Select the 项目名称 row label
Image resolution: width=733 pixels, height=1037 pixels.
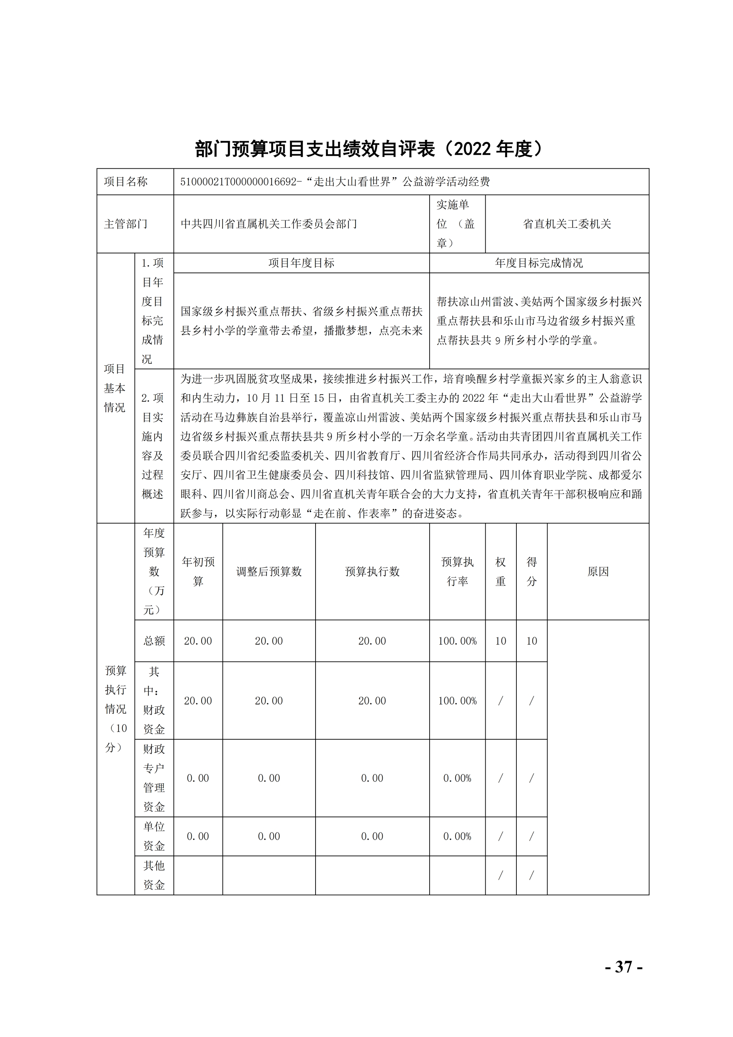126,182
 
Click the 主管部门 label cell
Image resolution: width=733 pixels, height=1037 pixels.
126,224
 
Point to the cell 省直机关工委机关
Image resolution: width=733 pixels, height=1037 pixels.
567,224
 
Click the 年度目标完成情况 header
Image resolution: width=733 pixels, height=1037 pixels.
539,263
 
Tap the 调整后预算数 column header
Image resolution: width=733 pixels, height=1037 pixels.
269,572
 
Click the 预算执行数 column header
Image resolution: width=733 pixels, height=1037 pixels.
372,572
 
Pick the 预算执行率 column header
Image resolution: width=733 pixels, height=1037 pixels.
457,571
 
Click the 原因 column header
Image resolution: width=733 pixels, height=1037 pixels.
598,572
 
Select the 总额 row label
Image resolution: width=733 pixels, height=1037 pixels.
154,641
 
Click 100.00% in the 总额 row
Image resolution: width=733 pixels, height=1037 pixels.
457,641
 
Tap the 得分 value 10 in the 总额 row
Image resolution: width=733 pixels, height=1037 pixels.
531,641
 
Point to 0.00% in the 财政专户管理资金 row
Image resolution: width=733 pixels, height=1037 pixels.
457,778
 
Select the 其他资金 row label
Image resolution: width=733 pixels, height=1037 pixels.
154,875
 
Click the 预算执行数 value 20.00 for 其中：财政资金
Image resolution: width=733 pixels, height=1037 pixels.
372,700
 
